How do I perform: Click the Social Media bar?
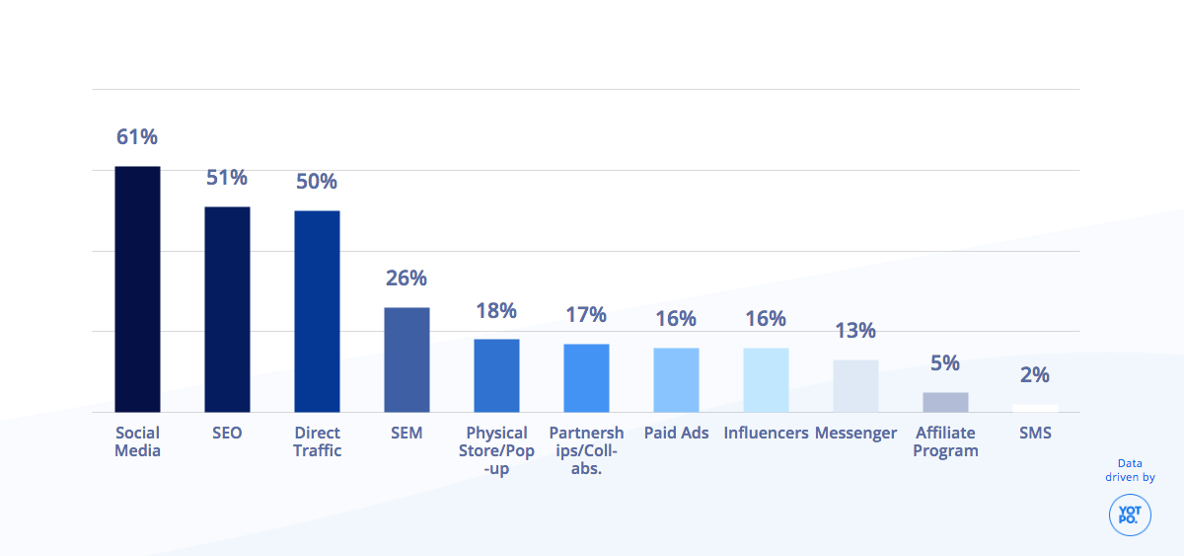(x=137, y=288)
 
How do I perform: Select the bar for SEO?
(x=227, y=309)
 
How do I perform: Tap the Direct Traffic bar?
(x=317, y=311)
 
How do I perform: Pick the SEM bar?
(x=407, y=359)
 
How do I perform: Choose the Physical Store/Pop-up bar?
(x=496, y=375)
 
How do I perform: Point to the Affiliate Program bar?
(x=945, y=402)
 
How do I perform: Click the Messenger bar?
(x=855, y=385)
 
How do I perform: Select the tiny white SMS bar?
(x=1035, y=408)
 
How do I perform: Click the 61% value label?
(x=137, y=137)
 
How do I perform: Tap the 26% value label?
(x=407, y=278)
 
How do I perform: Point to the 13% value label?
(x=855, y=331)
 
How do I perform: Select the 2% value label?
(x=1035, y=375)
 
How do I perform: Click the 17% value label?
(x=586, y=315)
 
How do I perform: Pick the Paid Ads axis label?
(x=676, y=433)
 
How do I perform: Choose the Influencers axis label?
(x=766, y=433)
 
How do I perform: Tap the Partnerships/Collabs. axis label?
(x=586, y=450)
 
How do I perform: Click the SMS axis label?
(x=1035, y=433)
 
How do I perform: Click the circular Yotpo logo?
(x=1130, y=515)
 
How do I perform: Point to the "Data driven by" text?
(x=1130, y=470)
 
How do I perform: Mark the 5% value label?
(x=945, y=363)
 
